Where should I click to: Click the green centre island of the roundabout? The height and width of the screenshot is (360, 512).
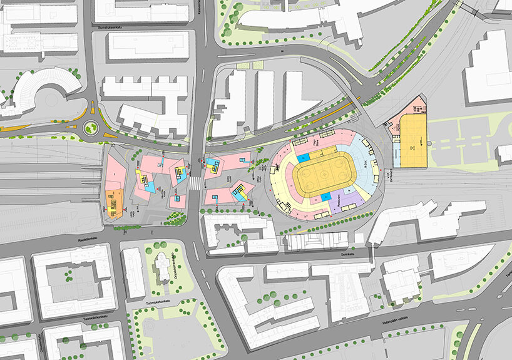coord(91,129)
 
